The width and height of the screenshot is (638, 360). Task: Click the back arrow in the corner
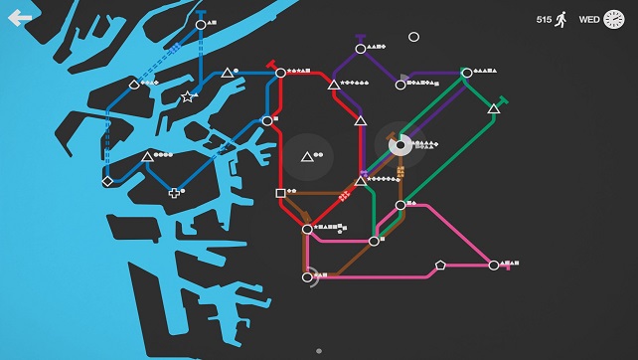coord(20,17)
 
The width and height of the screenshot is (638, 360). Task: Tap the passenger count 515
coord(544,19)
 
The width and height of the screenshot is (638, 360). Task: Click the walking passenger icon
coord(561,19)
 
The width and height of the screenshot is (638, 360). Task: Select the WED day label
coord(589,19)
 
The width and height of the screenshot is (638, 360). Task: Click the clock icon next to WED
coord(614,19)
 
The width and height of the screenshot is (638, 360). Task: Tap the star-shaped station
coord(188,96)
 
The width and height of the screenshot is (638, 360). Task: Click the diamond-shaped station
coord(107,181)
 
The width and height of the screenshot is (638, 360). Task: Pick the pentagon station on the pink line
coord(440,265)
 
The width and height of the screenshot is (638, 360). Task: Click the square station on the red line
coord(280,193)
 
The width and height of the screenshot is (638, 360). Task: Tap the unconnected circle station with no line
coord(413,37)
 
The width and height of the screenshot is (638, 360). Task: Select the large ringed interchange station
coord(399,146)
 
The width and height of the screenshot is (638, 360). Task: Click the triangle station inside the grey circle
coord(307,156)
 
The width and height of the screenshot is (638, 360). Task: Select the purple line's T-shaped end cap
coord(360,38)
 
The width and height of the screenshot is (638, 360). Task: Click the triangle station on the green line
coord(493,108)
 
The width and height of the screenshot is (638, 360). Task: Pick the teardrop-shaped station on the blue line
coord(134,86)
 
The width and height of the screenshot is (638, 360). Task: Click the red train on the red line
coord(344,196)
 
